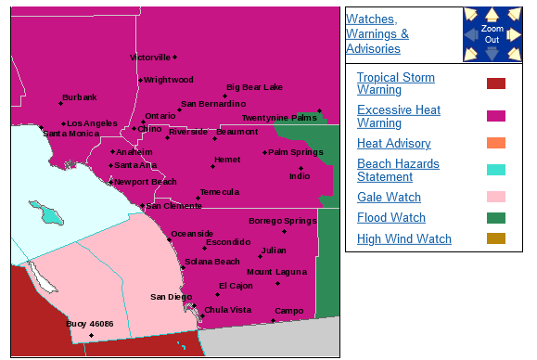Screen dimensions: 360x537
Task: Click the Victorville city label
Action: pyautogui.click(x=150, y=58)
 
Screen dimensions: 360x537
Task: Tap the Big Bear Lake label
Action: pyautogui.click(x=254, y=87)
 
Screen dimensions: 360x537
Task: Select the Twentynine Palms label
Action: pyautogui.click(x=279, y=118)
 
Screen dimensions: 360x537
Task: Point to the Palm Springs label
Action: pyautogui.click(x=296, y=152)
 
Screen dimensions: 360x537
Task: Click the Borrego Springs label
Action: pyautogui.click(x=282, y=221)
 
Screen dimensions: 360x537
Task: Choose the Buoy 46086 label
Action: pyautogui.click(x=90, y=324)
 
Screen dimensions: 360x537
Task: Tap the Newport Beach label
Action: pyautogui.click(x=146, y=182)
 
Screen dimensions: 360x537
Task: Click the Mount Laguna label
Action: pyautogui.click(x=276, y=271)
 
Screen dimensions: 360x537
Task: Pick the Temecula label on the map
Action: pyautogui.click(x=219, y=192)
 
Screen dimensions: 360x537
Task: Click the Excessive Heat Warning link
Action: pyautogui.click(x=399, y=116)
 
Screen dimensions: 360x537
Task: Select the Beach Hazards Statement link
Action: pyautogui.click(x=398, y=170)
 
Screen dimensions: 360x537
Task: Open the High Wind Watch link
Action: pyautogui.click(x=403, y=238)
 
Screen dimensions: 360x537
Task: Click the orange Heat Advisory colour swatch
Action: pyautogui.click(x=496, y=143)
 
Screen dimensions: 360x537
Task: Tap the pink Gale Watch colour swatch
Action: pyautogui.click(x=496, y=197)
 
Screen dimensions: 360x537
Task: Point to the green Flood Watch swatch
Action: pyautogui.click(x=496, y=218)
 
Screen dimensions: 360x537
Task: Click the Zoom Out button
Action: pyautogui.click(x=492, y=34)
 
